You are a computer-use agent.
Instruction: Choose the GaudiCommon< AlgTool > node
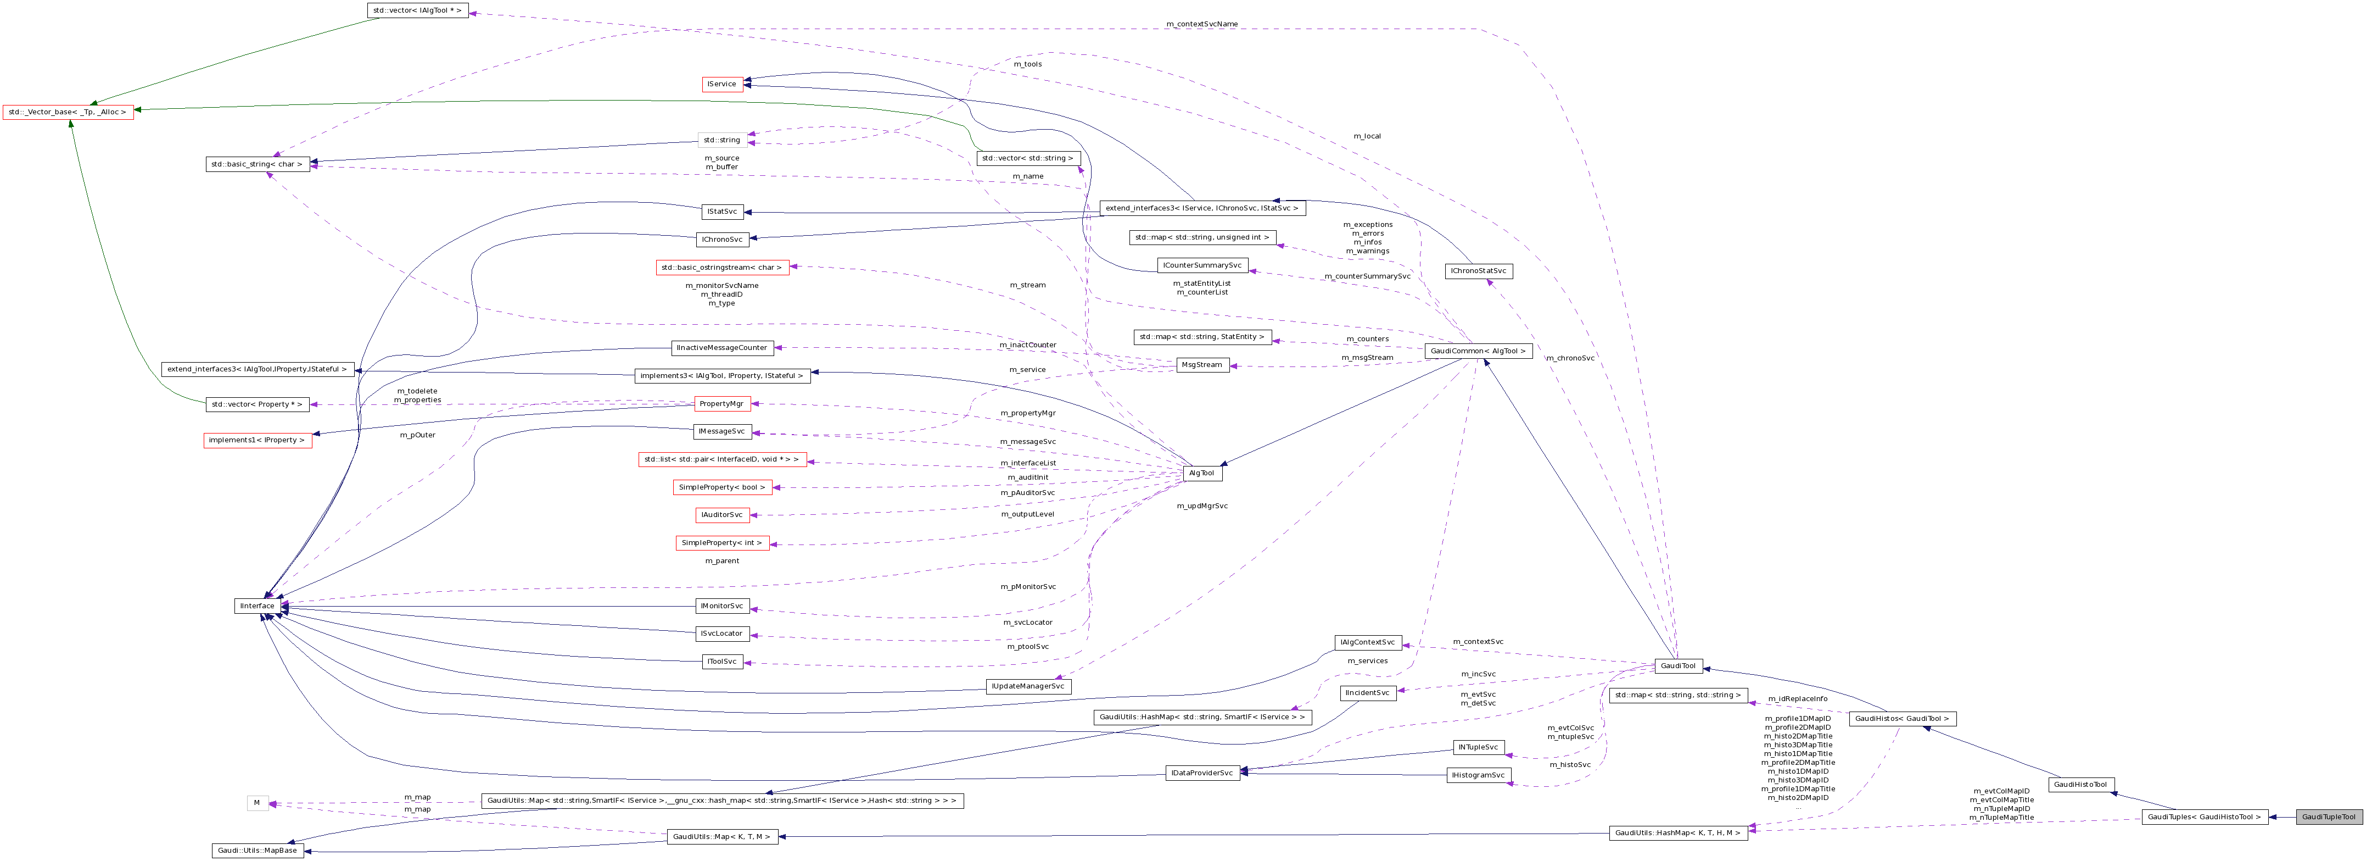coord(1478,351)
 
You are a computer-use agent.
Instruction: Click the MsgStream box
coord(1202,365)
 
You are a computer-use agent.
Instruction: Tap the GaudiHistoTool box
coord(2080,785)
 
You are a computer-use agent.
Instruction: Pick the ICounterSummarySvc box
coord(1202,265)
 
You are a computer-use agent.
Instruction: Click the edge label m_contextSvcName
coord(1201,24)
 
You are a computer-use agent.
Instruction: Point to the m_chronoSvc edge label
coord(1570,358)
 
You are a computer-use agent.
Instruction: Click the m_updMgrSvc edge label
coord(1201,506)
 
